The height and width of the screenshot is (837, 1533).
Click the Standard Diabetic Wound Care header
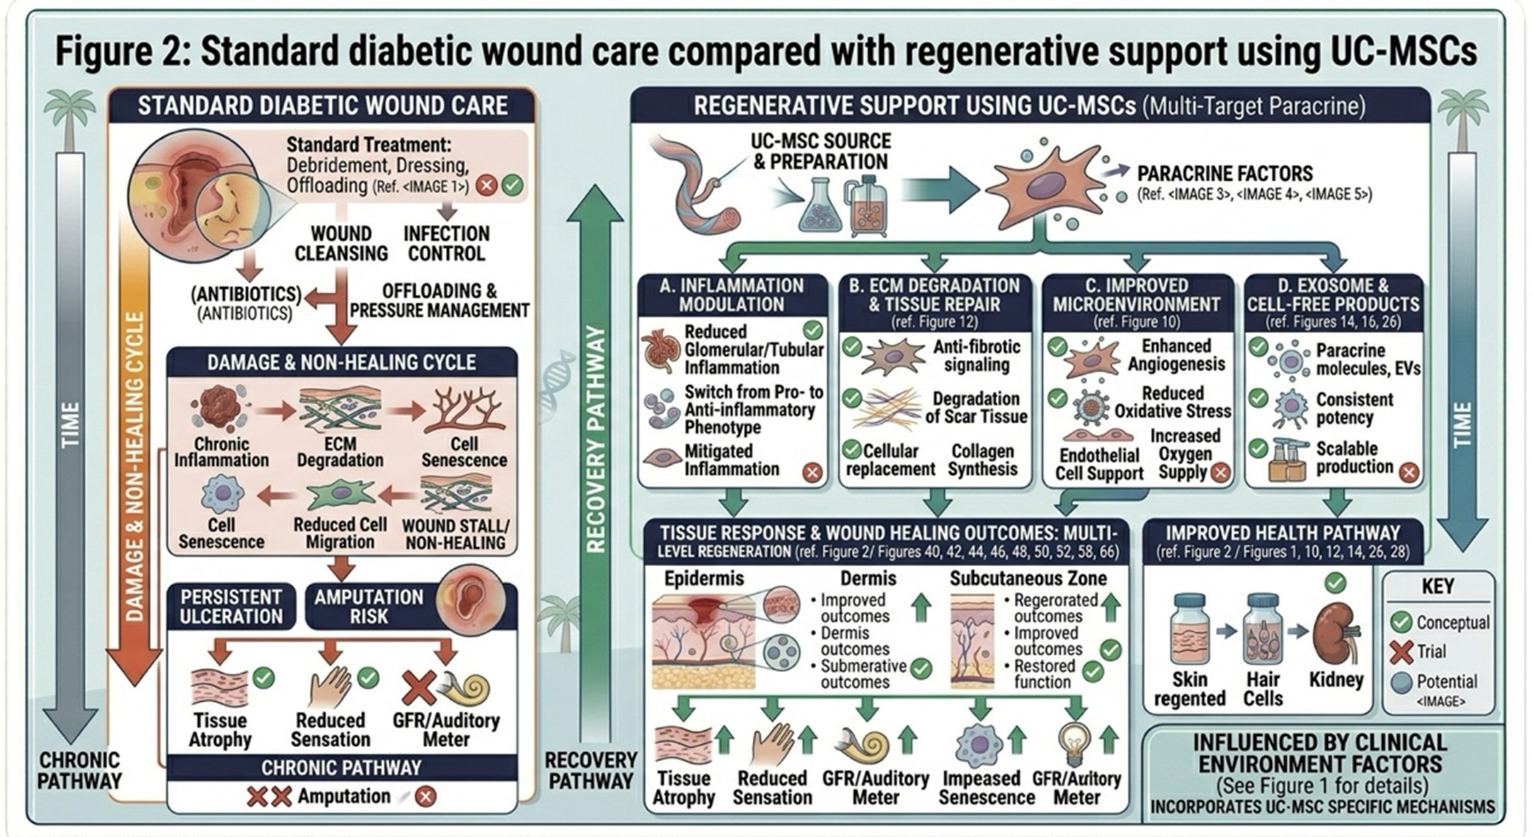point(322,105)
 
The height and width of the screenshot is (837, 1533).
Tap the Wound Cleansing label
point(341,243)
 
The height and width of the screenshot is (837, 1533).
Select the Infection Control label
point(446,243)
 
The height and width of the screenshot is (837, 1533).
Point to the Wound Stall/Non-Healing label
point(455,534)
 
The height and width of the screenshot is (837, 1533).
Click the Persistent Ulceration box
point(231,606)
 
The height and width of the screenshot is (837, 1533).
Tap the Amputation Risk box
point(368,606)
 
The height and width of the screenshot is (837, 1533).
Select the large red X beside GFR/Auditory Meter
point(418,688)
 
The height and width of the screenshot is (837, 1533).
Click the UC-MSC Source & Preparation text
point(820,151)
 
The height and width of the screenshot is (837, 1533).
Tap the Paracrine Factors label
point(1224,174)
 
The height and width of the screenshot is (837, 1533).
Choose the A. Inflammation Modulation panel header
point(732,295)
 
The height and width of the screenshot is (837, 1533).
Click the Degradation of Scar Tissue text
point(976,408)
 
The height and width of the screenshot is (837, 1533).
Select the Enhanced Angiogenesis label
point(1176,355)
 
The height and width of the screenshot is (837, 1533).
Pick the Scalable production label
point(1353,458)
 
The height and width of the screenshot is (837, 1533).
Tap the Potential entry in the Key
point(1446,682)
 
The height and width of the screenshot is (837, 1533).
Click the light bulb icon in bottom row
point(1074,742)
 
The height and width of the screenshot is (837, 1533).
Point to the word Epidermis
point(704,579)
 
